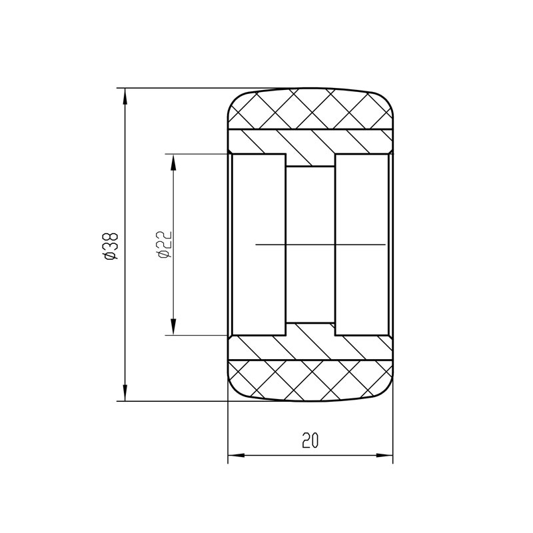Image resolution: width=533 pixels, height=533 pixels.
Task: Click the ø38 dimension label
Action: [111, 245]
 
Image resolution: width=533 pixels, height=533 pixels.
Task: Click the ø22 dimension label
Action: [165, 245]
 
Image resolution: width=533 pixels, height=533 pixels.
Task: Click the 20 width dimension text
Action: [310, 440]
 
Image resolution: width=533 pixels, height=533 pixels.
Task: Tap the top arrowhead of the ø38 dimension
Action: [125, 95]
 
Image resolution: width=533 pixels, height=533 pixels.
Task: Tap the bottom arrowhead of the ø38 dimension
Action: [125, 394]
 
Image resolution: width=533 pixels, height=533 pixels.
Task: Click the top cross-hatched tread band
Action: [310, 109]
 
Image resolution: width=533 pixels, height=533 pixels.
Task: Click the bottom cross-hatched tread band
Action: [310, 380]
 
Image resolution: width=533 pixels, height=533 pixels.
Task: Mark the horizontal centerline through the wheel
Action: [320, 245]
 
